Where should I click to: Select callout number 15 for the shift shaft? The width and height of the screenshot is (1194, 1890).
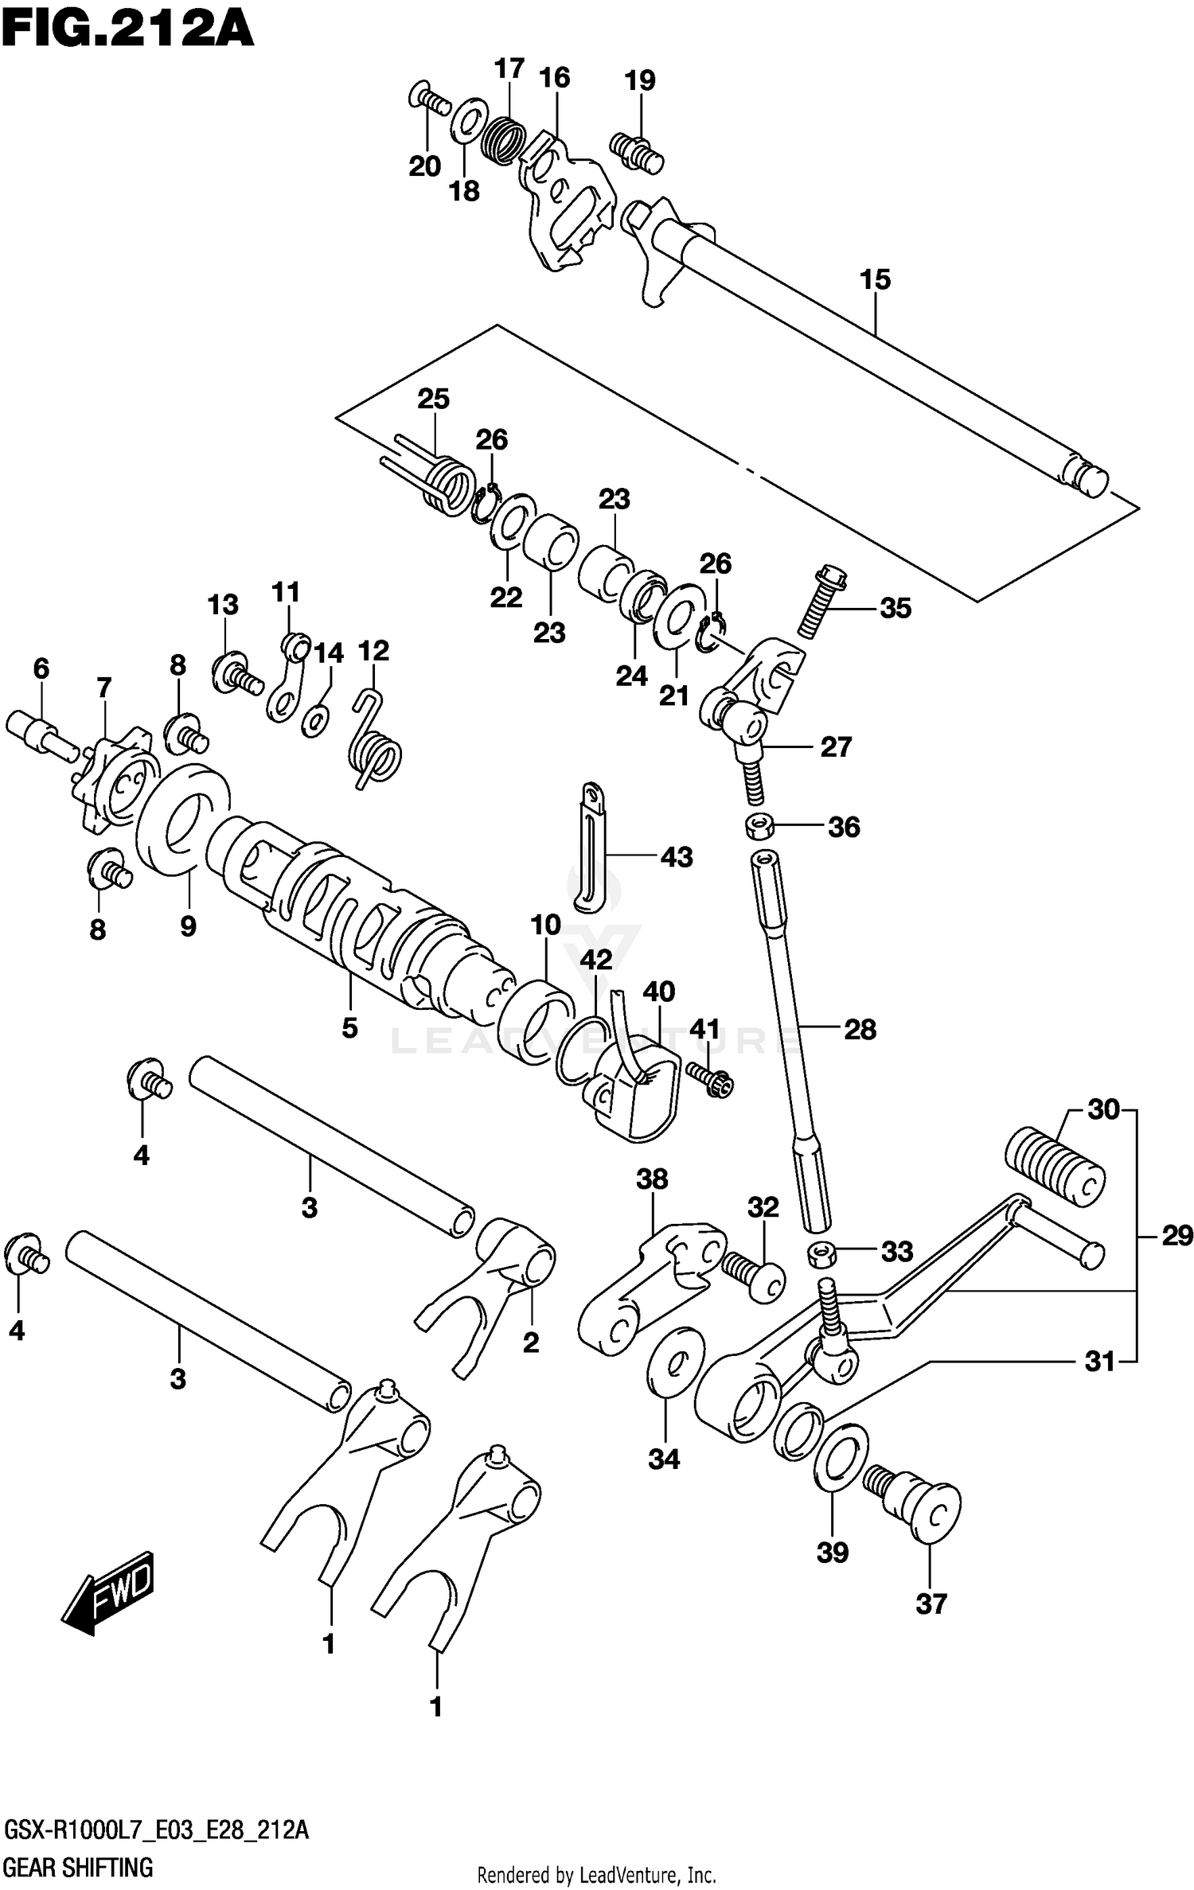[875, 280]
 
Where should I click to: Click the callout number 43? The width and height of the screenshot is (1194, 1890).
[677, 857]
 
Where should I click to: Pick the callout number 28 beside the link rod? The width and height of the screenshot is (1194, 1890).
[860, 1029]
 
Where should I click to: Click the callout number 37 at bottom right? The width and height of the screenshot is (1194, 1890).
[931, 1604]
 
